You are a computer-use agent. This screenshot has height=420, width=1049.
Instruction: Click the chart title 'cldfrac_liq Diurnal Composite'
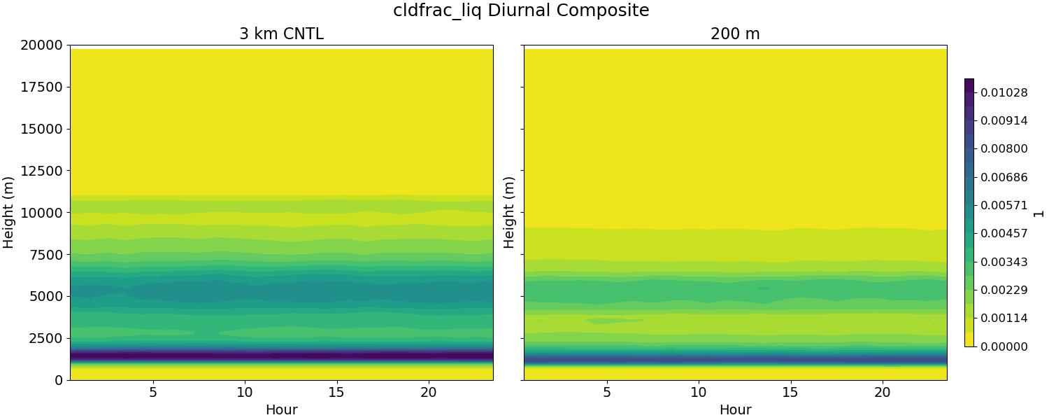coord(521,10)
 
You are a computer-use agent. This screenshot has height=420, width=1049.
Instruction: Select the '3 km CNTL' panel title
coord(281,34)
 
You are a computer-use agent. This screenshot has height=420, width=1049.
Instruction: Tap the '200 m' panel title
coord(735,34)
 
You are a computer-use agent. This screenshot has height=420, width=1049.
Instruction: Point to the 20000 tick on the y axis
coord(44,45)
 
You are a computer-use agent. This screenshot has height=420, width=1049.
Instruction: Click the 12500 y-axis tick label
coord(44,171)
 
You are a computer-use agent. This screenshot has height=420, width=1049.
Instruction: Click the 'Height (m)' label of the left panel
coord(8,212)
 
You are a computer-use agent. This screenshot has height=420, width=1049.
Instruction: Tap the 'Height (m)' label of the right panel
coord(509,212)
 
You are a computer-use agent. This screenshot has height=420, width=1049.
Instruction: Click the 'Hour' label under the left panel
coord(281,410)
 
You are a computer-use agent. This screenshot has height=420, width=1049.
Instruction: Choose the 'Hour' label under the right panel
coord(735,410)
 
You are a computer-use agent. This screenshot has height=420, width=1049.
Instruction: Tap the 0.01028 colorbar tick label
coord(1004,92)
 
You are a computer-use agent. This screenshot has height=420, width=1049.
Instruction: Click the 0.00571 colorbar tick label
coord(1004,205)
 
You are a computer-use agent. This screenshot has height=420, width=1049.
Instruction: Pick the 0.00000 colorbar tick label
coord(1004,346)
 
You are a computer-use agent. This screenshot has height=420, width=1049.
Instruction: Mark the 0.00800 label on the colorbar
coord(1004,148)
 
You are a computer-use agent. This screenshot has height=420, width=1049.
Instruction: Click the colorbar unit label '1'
coord(1039,213)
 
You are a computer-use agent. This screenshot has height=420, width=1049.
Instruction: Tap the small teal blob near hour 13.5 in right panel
coord(763,288)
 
